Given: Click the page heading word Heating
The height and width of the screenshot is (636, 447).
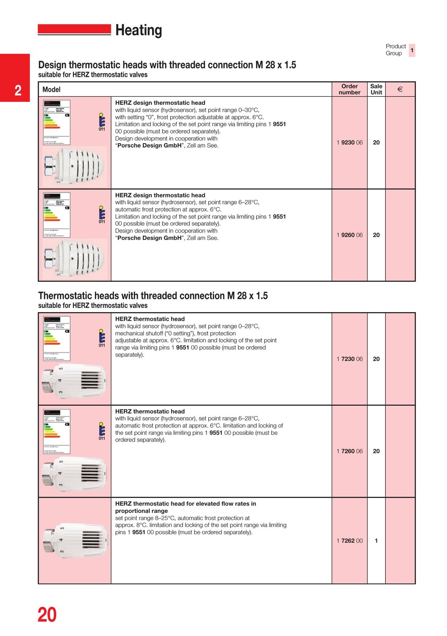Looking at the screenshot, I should coord(138,30).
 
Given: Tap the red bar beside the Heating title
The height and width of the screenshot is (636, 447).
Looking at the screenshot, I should coord(74,30).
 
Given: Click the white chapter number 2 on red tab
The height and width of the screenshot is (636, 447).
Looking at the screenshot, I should coord(18,90).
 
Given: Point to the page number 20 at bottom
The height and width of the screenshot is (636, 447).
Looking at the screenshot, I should coord(47,615).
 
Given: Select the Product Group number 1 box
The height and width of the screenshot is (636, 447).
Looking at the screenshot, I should coord(412,50).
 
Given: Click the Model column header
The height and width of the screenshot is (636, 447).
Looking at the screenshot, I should coord(51,89).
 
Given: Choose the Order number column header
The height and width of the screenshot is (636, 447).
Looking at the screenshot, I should coord(349,89).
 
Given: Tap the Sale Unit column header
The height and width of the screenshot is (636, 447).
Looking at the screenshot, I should coord(376,89).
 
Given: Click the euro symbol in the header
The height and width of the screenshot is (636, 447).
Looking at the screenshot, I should coord(400,89).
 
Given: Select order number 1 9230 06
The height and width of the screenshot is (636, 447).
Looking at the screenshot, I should coord(349,143).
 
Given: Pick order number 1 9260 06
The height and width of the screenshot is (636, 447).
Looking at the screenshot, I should coord(349,235).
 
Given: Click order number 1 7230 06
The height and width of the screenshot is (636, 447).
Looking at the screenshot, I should coord(349,359).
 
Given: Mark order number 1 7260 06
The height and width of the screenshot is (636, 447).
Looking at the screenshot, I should coord(349,451).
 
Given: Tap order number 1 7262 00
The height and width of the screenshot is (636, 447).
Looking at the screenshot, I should coord(349,541).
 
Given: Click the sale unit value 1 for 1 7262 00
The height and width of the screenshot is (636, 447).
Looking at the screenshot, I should coord(376,541).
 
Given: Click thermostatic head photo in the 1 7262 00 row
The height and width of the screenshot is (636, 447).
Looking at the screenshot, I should coord(75,541).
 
